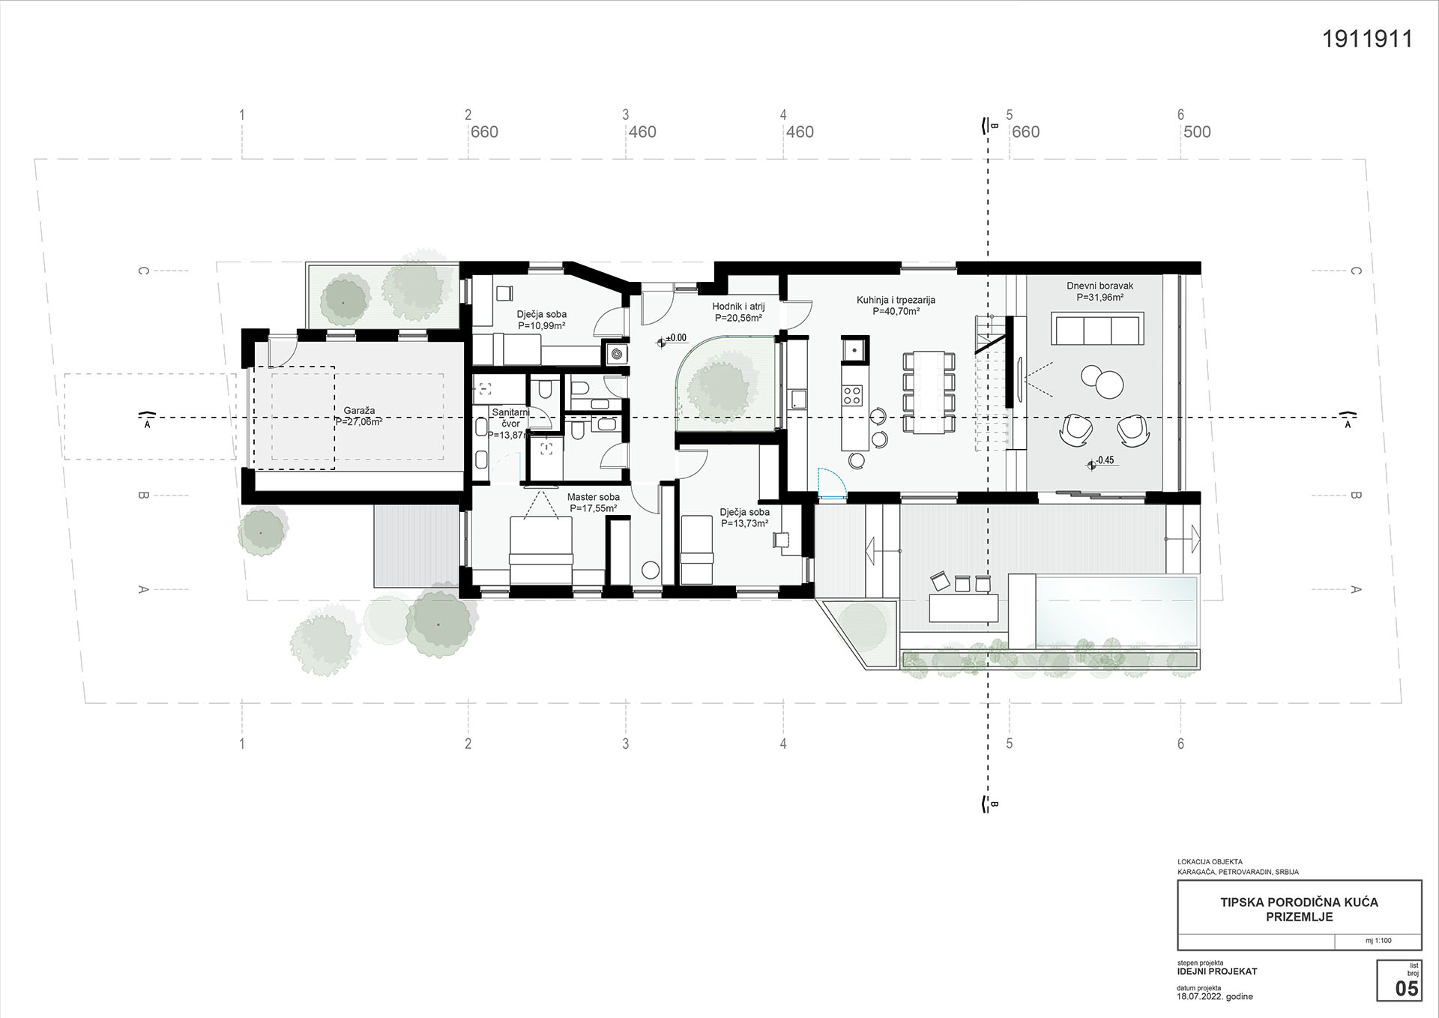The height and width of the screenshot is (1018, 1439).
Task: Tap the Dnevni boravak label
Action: coord(1100,286)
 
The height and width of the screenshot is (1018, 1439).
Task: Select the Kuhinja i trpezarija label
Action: coord(896,301)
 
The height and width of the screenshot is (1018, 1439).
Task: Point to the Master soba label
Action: coord(594,497)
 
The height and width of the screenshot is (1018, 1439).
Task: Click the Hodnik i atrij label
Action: coord(738,307)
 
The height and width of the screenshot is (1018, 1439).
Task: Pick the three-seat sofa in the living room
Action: coord(1097,330)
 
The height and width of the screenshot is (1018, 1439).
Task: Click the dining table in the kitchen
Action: coord(929,392)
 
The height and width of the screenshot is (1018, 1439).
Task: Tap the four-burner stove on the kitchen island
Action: coord(854,394)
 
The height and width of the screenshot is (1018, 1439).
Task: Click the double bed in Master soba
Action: coord(541,549)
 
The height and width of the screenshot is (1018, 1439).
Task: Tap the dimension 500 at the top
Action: coord(1197,132)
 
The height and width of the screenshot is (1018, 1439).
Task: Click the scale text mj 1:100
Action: coord(1378,941)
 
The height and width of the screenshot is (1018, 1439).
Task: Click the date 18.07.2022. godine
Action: coord(1215,996)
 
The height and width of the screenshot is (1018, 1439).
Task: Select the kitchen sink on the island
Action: coord(854,349)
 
